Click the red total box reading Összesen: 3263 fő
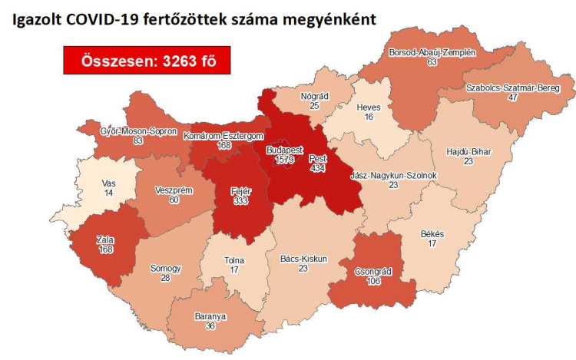tap(147, 60)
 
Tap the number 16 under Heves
tap(369, 117)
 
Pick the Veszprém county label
tap(174, 190)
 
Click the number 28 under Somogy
tap(167, 278)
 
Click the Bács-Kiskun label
tap(303, 259)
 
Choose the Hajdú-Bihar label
tap(468, 152)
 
